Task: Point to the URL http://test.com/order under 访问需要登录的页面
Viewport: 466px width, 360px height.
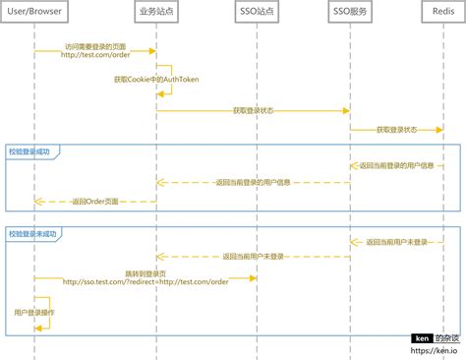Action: [x=95, y=55]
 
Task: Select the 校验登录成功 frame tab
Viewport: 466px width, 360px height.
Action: [x=34, y=151]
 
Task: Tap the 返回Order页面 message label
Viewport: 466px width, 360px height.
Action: [x=95, y=201]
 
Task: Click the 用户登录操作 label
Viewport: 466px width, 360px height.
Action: [x=34, y=311]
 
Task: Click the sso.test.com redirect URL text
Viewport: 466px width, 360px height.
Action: [x=146, y=281]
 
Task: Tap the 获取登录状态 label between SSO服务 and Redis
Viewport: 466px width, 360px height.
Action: [x=396, y=129]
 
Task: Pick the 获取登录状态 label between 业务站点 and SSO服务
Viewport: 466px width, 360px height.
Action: [x=253, y=110]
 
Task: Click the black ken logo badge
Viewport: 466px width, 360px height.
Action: [x=422, y=337]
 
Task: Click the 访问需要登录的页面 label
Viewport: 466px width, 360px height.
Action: [x=95, y=46]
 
